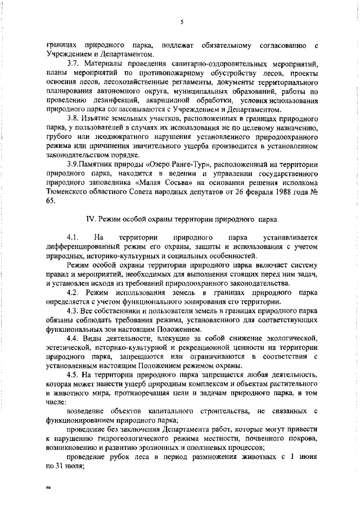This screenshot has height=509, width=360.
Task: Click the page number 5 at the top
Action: click(182, 22)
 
